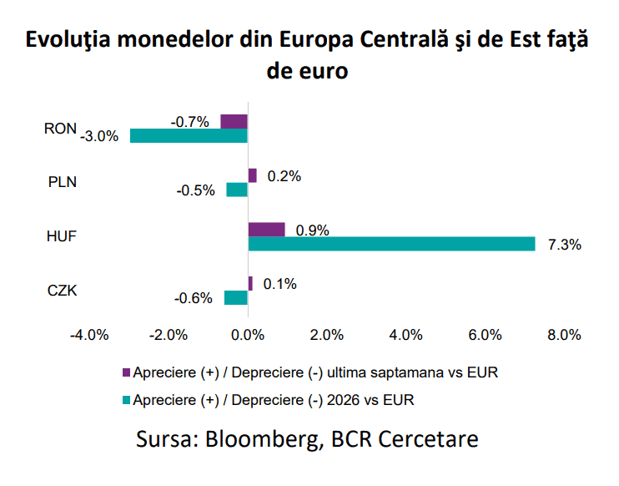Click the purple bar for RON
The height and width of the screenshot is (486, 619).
click(234, 121)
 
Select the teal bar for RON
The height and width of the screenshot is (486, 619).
click(189, 135)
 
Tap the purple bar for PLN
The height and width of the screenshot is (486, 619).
click(252, 175)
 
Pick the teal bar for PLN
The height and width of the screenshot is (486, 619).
click(237, 190)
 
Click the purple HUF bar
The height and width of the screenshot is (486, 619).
click(266, 230)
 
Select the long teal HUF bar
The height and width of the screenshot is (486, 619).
click(391, 244)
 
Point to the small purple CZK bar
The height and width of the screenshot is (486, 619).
click(250, 283)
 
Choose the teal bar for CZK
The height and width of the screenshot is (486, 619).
click(236, 297)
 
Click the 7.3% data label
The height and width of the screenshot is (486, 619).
click(565, 245)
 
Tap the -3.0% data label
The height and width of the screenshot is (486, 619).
click(99, 136)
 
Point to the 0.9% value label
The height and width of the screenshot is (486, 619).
click(312, 230)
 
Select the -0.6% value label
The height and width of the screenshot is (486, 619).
click(194, 298)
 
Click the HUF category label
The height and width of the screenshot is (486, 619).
click(62, 236)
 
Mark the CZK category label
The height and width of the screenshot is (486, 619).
click(62, 291)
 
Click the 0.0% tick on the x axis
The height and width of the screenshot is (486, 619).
click(248, 335)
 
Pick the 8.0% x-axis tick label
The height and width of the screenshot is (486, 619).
click(564, 335)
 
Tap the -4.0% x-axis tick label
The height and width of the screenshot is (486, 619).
click(89, 335)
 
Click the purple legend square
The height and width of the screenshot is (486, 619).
click(126, 372)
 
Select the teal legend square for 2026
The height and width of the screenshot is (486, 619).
click(126, 400)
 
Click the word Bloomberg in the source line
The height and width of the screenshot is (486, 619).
click(262, 439)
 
